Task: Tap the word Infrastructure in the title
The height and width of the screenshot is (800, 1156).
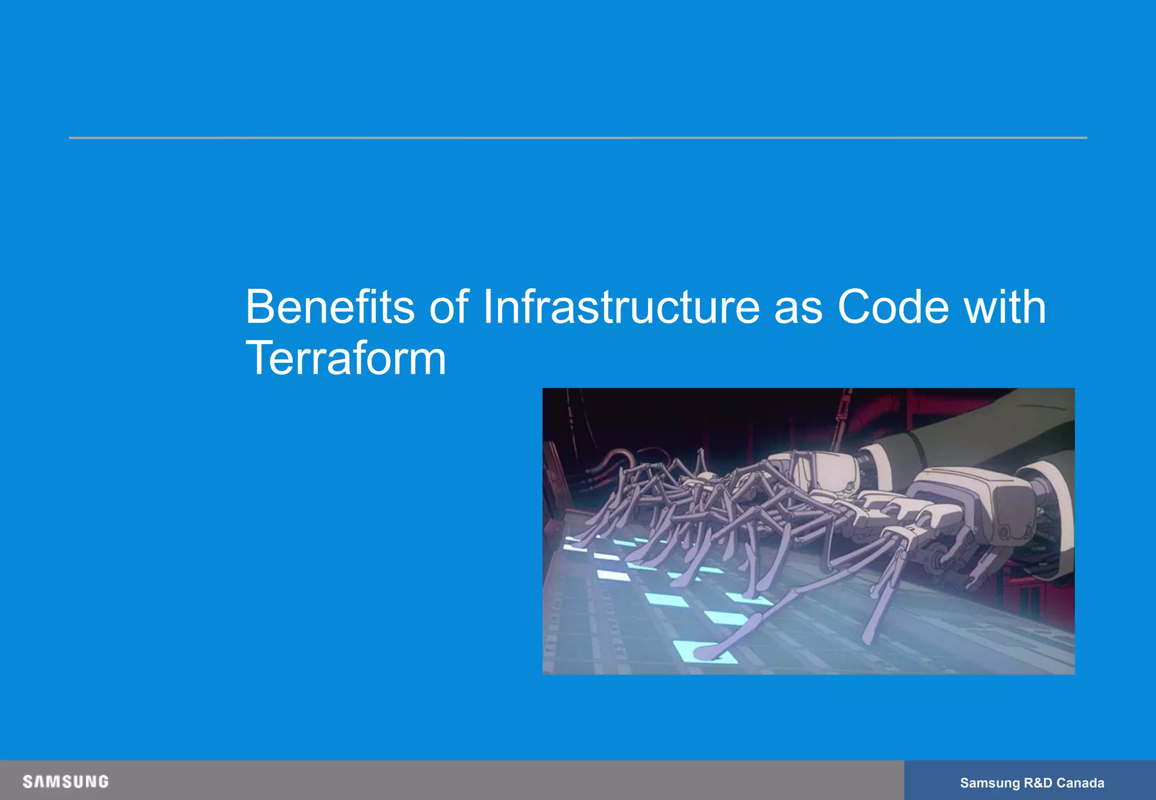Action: (621, 307)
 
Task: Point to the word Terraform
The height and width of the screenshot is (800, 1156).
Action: (345, 358)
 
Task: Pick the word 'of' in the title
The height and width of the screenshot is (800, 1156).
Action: (449, 307)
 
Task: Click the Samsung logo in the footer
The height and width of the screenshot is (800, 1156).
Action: (65, 782)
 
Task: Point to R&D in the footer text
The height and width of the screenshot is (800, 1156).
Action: (1038, 783)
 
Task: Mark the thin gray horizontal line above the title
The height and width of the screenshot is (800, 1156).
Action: (577, 138)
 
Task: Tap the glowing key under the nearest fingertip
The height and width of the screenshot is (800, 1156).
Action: (706, 652)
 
